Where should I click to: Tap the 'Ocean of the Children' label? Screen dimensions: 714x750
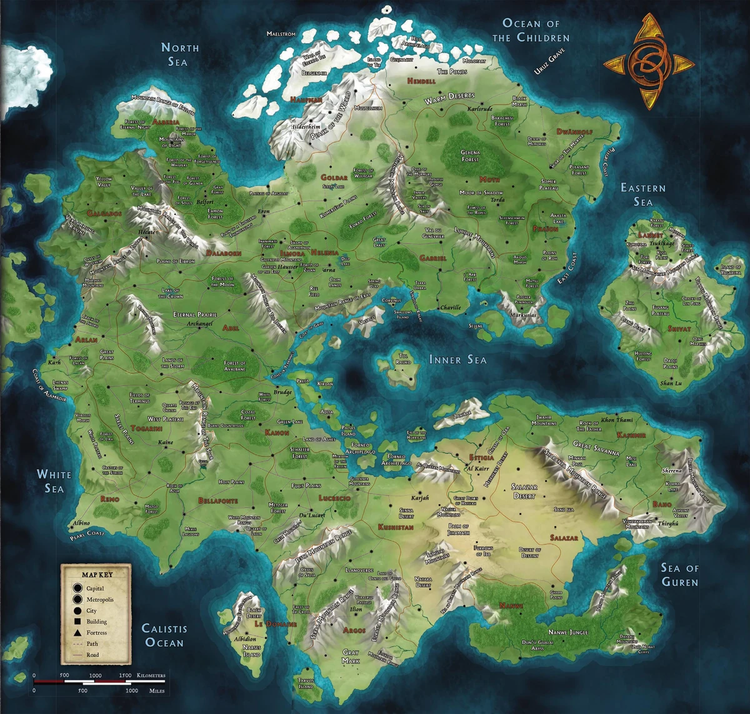tap(531, 30)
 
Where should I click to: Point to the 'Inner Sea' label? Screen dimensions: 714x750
tap(457, 360)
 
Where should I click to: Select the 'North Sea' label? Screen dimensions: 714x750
tap(179, 54)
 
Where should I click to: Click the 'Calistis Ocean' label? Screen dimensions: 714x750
tap(164, 635)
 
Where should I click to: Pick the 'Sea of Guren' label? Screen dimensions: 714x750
tap(679, 575)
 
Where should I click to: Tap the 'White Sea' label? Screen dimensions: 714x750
tap(54, 481)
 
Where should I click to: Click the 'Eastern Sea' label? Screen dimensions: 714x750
tap(642, 194)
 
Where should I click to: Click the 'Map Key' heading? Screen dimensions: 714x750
tap(97, 574)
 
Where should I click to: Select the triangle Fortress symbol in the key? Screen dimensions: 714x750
tap(77, 633)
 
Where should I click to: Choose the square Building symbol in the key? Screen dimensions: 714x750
tap(77, 621)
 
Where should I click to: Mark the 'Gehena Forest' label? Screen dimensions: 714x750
tap(470, 156)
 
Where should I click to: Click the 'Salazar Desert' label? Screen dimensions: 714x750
tap(524, 491)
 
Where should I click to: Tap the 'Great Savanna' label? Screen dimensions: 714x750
tap(596, 448)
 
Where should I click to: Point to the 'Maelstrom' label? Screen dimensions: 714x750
tap(281, 34)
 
